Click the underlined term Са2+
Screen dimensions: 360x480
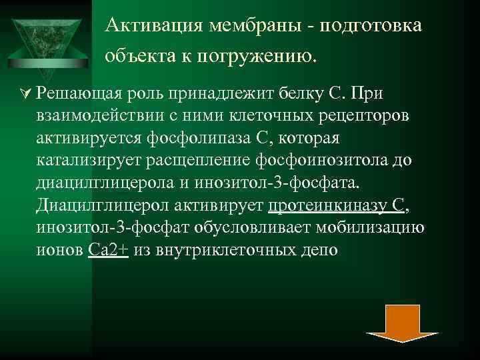click(108, 251)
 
